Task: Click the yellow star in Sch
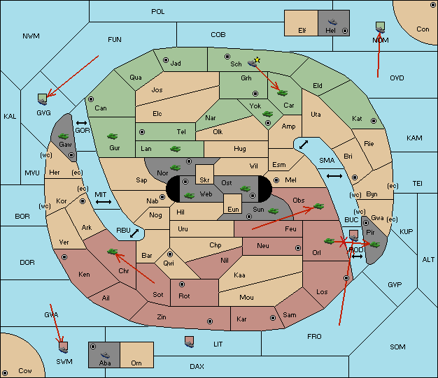click(257, 59)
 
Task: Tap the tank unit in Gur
click(113, 136)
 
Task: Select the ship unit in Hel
click(332, 22)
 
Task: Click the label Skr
click(204, 180)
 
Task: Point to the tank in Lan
click(175, 149)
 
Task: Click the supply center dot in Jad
click(166, 60)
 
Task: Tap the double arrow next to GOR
click(82, 123)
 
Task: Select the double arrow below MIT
click(104, 202)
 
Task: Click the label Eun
click(233, 209)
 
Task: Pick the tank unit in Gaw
click(64, 136)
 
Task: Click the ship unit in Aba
click(106, 355)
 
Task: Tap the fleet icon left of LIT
click(190, 342)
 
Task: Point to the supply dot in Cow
click(5, 373)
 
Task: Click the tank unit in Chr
click(112, 252)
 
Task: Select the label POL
click(158, 12)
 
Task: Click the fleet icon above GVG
click(43, 99)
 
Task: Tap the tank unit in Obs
click(319, 206)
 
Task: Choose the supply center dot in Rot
click(182, 284)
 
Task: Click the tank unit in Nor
click(176, 168)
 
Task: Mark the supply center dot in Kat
click(374, 121)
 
